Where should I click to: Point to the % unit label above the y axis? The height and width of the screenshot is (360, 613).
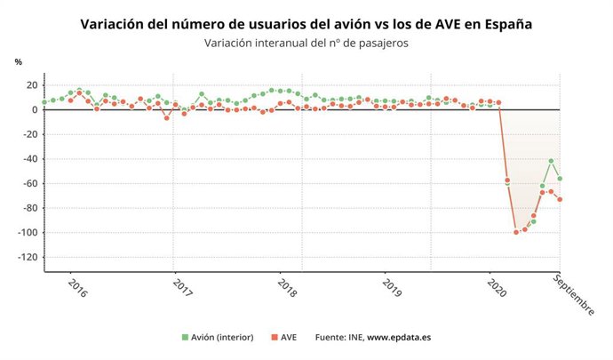coord(19,61)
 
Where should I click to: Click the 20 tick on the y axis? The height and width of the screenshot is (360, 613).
coord(31,85)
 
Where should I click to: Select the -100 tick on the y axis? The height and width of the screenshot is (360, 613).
coord(27,233)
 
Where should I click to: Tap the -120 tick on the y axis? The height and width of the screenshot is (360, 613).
coord(27,258)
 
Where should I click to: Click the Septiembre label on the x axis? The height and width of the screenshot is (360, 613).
coord(574,292)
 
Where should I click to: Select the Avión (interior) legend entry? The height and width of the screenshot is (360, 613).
coord(218,337)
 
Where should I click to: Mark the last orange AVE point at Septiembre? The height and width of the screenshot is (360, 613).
coord(560,199)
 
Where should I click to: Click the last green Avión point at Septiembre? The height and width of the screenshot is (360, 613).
coord(560,179)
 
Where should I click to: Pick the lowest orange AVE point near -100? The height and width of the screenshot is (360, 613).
coord(516,232)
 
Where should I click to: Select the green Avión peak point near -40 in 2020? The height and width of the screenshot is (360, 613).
coord(551,161)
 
